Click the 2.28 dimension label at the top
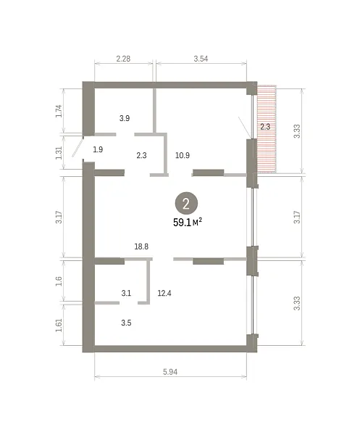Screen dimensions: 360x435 pyautogui.click(x=123, y=59)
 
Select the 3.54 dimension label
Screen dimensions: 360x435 pyautogui.click(x=201, y=59)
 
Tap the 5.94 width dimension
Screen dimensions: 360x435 pyautogui.click(x=170, y=372)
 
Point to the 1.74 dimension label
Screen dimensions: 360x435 pyautogui.click(x=59, y=111)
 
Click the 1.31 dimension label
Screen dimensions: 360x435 pyautogui.click(x=59, y=152)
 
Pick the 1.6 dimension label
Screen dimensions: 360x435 pyautogui.click(x=59, y=281)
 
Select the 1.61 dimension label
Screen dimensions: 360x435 pyautogui.click(x=59, y=325)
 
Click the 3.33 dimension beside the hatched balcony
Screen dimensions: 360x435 pyautogui.click(x=297, y=131)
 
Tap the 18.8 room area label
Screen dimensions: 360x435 pyautogui.click(x=141, y=246)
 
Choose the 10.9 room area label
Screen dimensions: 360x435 pyautogui.click(x=183, y=155)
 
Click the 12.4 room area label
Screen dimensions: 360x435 pyautogui.click(x=164, y=293)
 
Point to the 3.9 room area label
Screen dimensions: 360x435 pyautogui.click(x=125, y=118)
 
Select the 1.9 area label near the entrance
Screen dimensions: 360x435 pyautogui.click(x=98, y=149)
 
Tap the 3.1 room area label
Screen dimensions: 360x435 pyautogui.click(x=126, y=293)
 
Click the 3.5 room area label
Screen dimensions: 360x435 pyautogui.click(x=126, y=323)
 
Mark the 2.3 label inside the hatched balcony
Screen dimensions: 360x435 pyautogui.click(x=265, y=127)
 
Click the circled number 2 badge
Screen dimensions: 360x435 pyautogui.click(x=186, y=204)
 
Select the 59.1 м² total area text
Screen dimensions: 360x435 pyautogui.click(x=188, y=223)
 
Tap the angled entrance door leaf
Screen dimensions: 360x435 pyautogui.click(x=78, y=146)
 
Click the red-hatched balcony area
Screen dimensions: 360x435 pyautogui.click(x=267, y=129)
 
